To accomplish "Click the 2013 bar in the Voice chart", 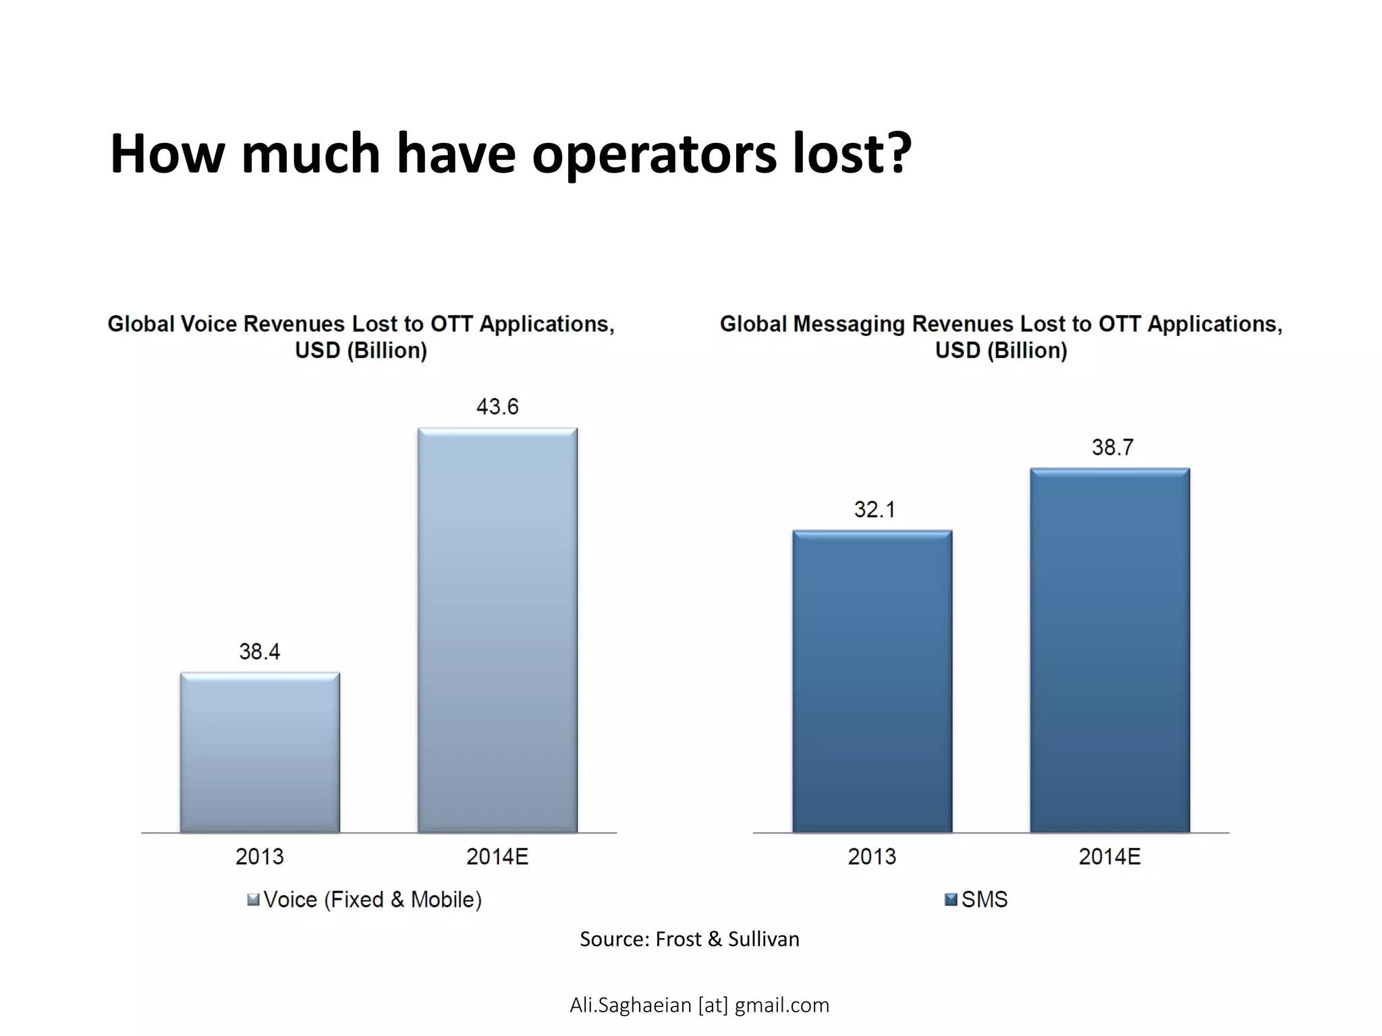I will (x=260, y=752).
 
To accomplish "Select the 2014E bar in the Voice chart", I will (x=497, y=631).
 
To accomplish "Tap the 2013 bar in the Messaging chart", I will (x=872, y=681).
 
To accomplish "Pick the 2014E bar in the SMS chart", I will (x=1109, y=651).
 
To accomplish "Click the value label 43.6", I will (x=497, y=407).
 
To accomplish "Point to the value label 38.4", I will (x=260, y=652).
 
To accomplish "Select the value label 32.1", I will (x=875, y=509).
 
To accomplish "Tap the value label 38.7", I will (x=1113, y=447).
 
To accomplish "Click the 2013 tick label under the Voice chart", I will (x=260, y=857).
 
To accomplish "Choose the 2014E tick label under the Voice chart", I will (x=497, y=857).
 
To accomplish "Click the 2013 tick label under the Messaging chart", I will (x=872, y=857).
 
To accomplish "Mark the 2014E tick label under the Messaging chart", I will (x=1109, y=857).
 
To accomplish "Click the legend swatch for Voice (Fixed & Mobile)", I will (x=253, y=900).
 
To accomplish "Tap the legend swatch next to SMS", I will (x=951, y=900).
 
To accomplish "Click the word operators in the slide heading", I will (x=655, y=154).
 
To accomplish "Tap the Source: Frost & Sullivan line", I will (x=689, y=939).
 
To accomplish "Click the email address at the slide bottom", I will (x=699, y=1005).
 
